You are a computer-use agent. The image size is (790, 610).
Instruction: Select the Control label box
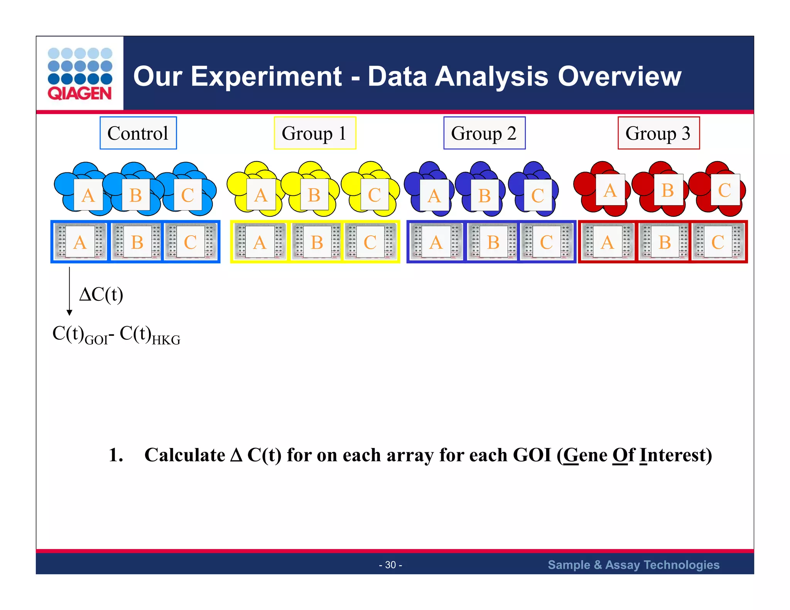[138, 133]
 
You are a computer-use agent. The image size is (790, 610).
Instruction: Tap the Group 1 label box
[315, 133]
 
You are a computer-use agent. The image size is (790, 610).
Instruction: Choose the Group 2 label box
[484, 133]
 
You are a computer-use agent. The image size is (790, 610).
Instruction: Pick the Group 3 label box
[658, 133]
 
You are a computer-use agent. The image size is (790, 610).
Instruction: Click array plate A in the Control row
[80, 242]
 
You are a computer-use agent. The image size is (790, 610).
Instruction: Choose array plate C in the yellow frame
[370, 242]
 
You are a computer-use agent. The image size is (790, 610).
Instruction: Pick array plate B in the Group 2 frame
[493, 242]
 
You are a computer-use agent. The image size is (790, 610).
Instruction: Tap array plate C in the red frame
[717, 242]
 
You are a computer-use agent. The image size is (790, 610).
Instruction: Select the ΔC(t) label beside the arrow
[101, 295]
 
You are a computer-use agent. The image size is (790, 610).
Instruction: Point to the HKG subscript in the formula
[166, 340]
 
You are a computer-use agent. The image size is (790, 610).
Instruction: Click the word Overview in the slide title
[620, 76]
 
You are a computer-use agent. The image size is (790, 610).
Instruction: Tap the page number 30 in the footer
[390, 565]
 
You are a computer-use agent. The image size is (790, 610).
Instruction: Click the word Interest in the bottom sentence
[675, 455]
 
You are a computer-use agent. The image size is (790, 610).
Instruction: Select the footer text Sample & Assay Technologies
[633, 565]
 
